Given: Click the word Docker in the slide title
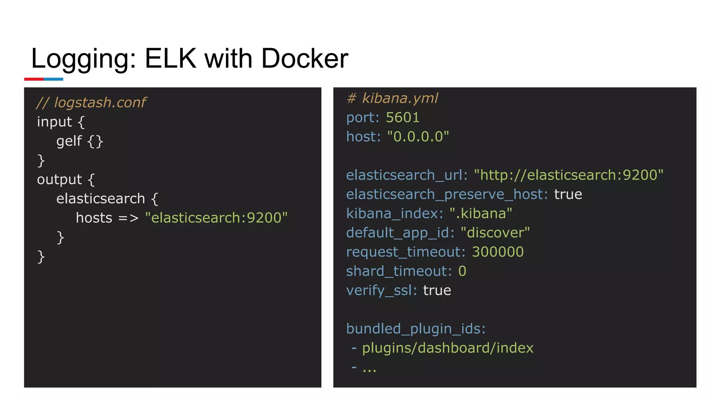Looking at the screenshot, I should (x=304, y=59).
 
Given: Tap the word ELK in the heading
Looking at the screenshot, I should (x=170, y=59).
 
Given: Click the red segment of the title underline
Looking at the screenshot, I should (x=34, y=79).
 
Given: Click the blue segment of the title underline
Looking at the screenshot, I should (x=53, y=79).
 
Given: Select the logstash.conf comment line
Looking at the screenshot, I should (x=91, y=103).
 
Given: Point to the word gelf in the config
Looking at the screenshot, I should (x=69, y=141).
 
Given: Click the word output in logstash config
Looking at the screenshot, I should (x=59, y=179).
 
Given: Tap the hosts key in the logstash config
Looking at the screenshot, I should (x=94, y=218).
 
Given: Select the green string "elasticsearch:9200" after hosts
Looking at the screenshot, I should (x=216, y=218).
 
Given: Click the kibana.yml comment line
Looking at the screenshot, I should (x=392, y=98).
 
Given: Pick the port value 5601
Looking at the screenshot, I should (x=402, y=118).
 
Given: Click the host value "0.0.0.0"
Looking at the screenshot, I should (x=418, y=137).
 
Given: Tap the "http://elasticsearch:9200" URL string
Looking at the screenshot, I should (x=569, y=175).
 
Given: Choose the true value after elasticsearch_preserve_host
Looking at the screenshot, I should (x=568, y=194).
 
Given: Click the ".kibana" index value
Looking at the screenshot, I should (x=481, y=214).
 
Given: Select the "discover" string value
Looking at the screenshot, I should (x=495, y=233).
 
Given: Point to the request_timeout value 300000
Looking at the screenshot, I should (x=497, y=252).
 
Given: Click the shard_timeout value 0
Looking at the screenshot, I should (x=462, y=271).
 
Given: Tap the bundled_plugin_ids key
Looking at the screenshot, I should (x=416, y=329).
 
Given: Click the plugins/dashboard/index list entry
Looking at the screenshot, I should (x=448, y=348).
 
